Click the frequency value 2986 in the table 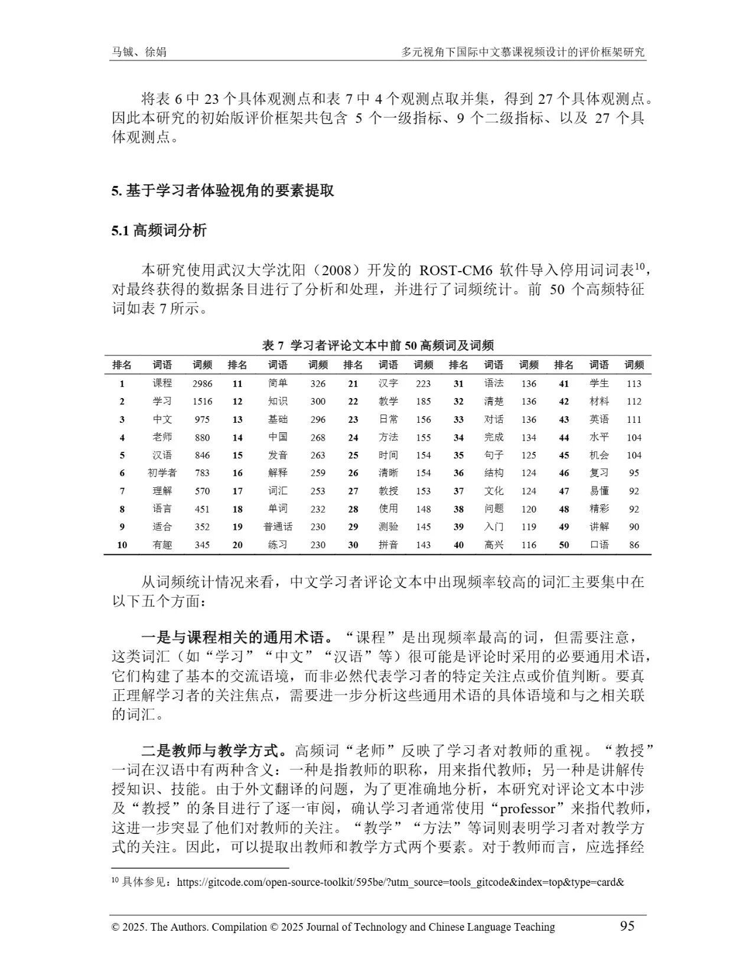click(202, 383)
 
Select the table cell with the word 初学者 click(162, 473)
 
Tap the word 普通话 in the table click(278, 527)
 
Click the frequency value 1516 click(202, 402)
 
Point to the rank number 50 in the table click(563, 545)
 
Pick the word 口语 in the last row click(599, 545)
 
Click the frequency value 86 click(634, 545)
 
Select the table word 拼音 click(388, 545)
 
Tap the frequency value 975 click(202, 419)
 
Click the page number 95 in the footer click(627, 925)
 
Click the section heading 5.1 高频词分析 click(159, 230)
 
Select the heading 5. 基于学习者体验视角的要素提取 click(223, 191)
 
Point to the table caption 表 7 click(273, 345)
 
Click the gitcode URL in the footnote click(400, 882)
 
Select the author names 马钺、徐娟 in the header click(139, 52)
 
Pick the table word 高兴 click(494, 545)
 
